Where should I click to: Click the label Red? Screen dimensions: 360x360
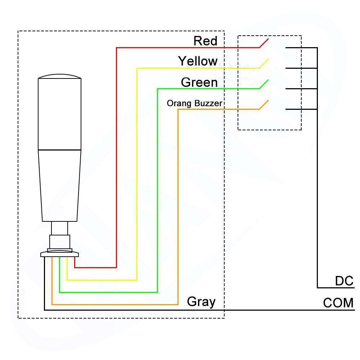[205, 41]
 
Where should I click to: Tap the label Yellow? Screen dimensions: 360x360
[198, 61]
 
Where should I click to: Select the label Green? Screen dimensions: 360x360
[199, 82]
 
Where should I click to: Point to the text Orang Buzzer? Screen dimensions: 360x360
[194, 104]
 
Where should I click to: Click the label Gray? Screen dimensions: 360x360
[201, 301]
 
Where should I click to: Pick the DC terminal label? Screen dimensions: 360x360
[344, 281]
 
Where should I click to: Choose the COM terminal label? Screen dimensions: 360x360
[338, 303]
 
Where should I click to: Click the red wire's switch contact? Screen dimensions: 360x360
[264, 42]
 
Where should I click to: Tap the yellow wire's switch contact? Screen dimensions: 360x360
[264, 63]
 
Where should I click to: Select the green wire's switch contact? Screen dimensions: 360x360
[264, 84]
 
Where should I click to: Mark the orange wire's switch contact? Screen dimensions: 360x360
[264, 104]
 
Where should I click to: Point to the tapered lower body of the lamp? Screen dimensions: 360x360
[59, 185]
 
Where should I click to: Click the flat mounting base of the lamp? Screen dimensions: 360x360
[59, 254]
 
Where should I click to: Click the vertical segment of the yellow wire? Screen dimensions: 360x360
[137, 173]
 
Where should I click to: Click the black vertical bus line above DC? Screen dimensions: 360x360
[317, 198]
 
